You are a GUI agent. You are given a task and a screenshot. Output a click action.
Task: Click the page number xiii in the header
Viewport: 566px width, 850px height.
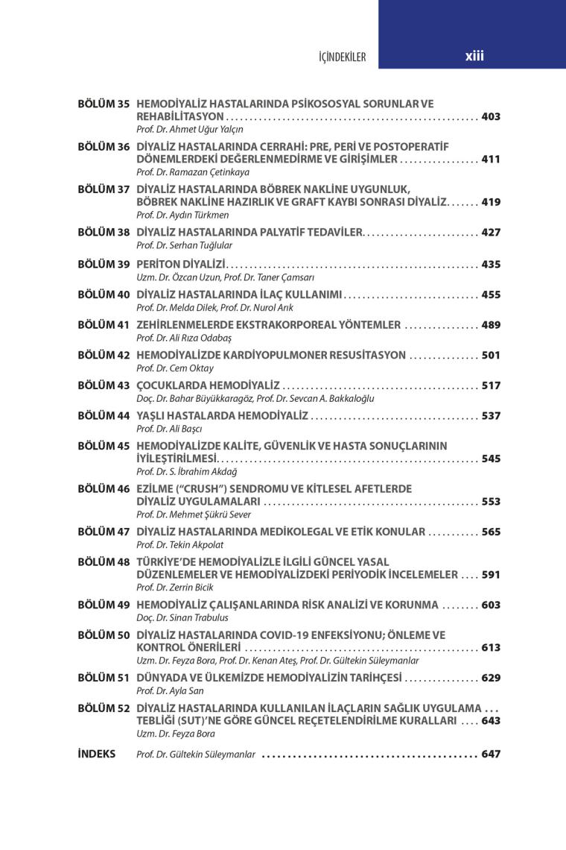click(474, 56)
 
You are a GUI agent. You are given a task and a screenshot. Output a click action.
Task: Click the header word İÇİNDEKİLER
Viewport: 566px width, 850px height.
click(342, 57)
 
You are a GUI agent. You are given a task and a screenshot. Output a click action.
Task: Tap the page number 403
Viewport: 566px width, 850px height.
click(491, 116)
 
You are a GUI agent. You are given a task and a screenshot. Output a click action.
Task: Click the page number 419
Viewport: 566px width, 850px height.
click(491, 202)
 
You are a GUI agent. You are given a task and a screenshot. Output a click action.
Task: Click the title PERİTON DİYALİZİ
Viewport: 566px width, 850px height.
click(181, 265)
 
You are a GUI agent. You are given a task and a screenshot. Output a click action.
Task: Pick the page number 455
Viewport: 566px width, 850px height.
click(491, 295)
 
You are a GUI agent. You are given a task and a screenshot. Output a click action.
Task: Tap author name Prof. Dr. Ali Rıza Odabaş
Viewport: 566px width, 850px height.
click(180, 338)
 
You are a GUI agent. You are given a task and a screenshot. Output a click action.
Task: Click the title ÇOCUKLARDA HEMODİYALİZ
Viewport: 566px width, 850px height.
click(208, 385)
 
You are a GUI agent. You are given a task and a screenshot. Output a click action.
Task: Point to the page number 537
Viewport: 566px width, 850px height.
click(491, 415)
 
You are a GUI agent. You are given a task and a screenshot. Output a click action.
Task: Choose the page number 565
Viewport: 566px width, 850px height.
click(491, 532)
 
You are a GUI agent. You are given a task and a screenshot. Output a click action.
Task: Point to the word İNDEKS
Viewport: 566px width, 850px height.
click(97, 754)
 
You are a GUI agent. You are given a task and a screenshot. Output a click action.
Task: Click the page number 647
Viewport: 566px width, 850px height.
click(491, 754)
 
